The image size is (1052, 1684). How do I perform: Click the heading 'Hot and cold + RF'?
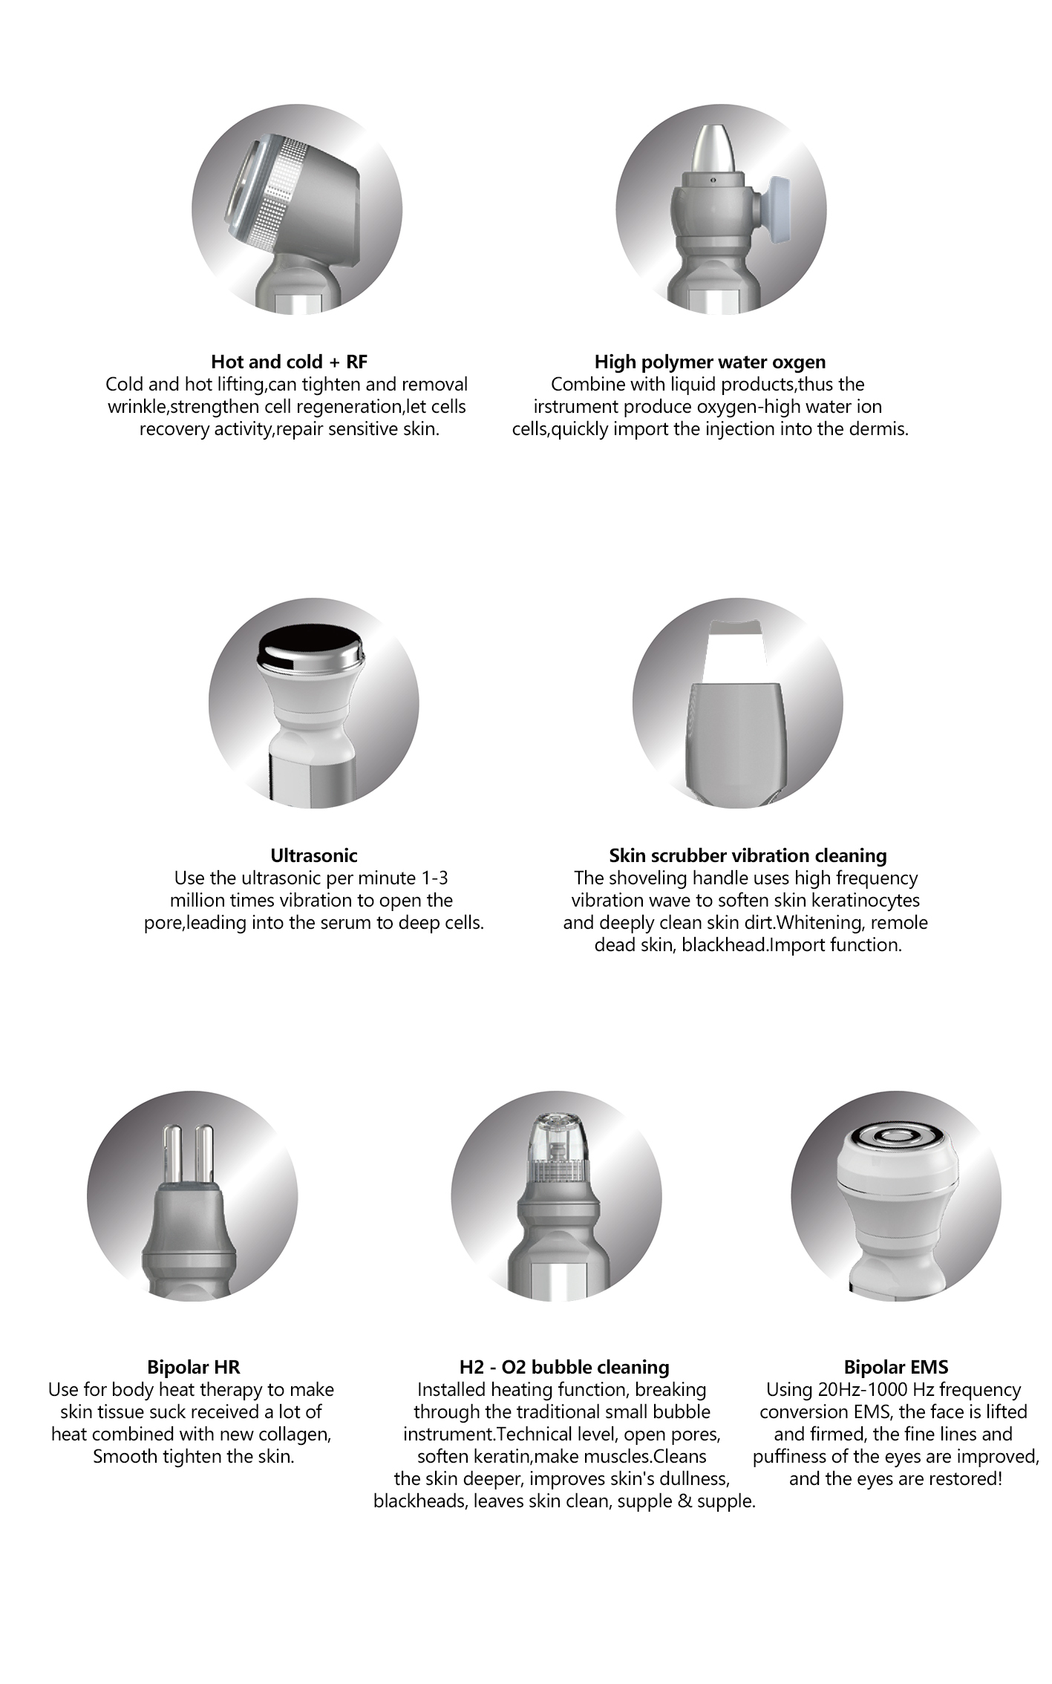(289, 362)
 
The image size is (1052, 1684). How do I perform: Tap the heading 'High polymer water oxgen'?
(710, 362)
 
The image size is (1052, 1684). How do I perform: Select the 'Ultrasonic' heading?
(313, 855)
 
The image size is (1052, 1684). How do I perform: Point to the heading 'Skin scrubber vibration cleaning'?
(748, 855)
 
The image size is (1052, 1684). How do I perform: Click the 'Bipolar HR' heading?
(193, 1367)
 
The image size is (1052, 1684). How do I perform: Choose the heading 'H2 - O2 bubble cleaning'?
(564, 1367)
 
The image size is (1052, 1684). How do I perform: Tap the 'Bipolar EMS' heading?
(895, 1367)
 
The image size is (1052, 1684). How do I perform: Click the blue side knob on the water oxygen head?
(780, 209)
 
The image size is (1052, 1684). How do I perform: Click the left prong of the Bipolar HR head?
(172, 1158)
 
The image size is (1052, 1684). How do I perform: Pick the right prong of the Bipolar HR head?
(205, 1158)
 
